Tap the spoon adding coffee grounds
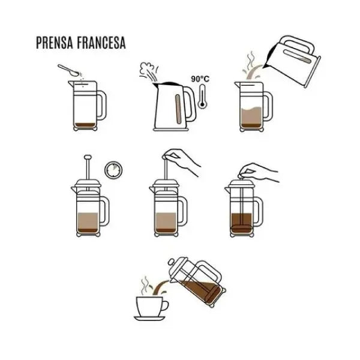(68, 69)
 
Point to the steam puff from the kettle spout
(146, 71)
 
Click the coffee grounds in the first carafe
(82, 125)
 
